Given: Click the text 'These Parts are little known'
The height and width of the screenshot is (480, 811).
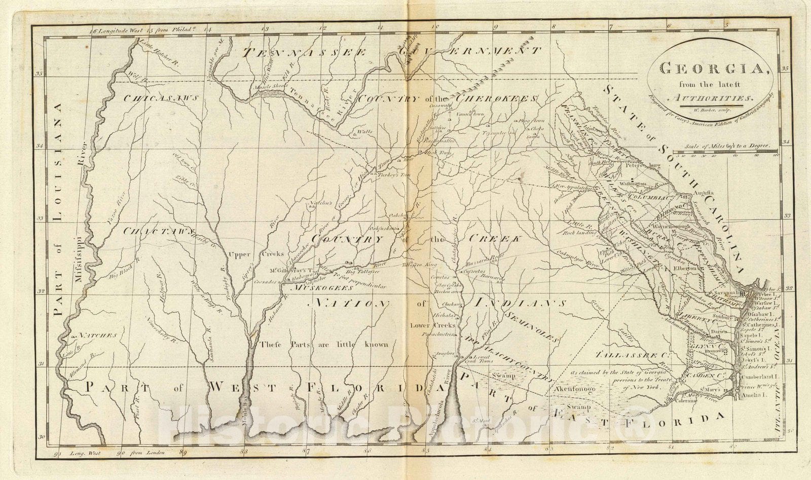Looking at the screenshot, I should coord(324,345).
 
